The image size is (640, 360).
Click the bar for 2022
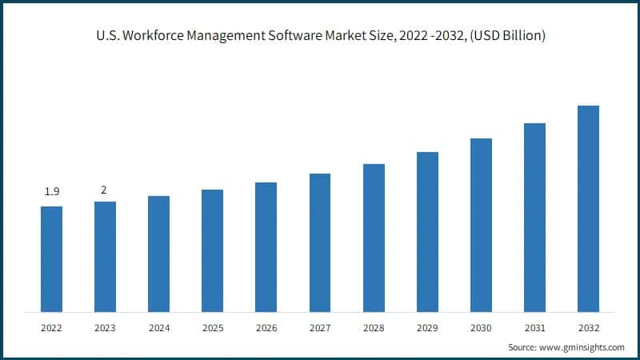pyautogui.click(x=51, y=259)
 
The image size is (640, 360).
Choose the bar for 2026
pyautogui.click(x=266, y=247)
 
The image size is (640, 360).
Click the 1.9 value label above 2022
pyautogui.click(x=51, y=193)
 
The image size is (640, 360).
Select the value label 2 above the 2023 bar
pyautogui.click(x=104, y=190)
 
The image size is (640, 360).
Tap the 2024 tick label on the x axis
pyautogui.click(x=158, y=327)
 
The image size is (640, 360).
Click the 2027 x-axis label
pyautogui.click(x=320, y=327)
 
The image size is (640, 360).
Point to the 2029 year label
pyautogui.click(x=427, y=327)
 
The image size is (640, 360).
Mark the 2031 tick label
pyautogui.click(x=534, y=327)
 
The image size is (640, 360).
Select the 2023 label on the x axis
pyautogui.click(x=105, y=327)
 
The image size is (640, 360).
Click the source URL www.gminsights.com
pyautogui.click(x=583, y=347)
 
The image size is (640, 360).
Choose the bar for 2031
pyautogui.click(x=534, y=218)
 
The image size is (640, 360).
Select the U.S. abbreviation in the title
pyautogui.click(x=106, y=38)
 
